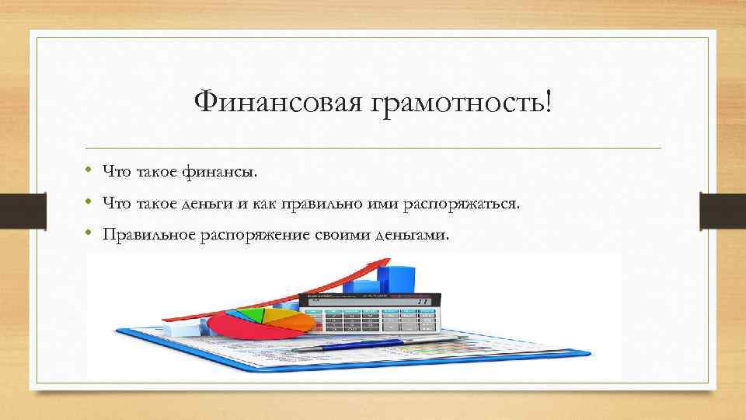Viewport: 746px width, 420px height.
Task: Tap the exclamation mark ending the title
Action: coord(551,100)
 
